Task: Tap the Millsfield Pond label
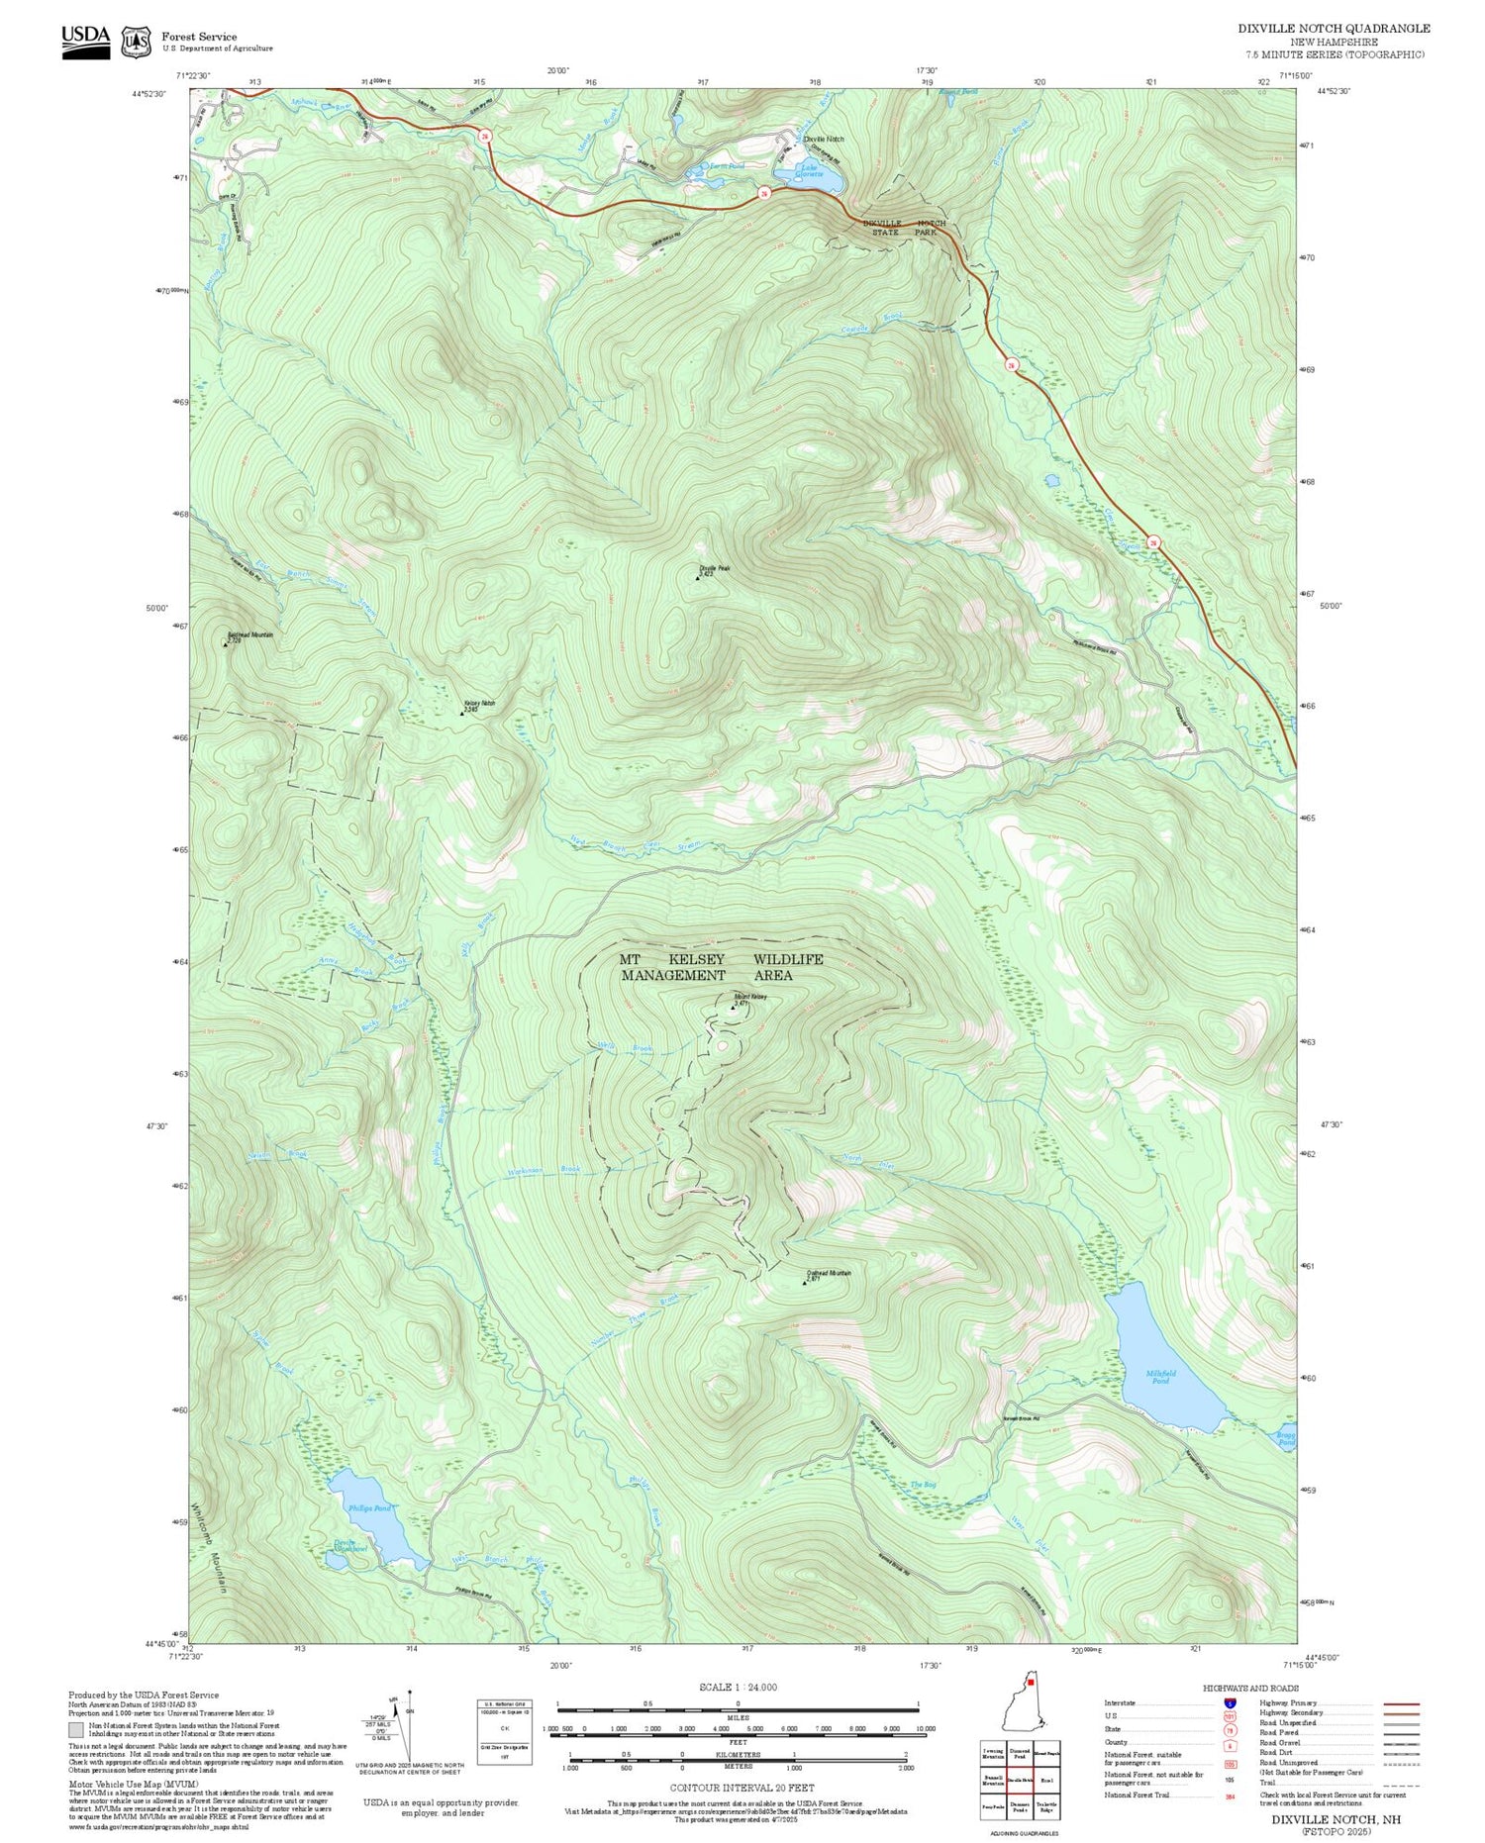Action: click(1160, 1376)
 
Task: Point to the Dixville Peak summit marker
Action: click(698, 578)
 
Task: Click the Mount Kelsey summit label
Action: click(749, 998)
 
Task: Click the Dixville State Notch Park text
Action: click(903, 228)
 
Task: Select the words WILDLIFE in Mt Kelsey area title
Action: click(788, 959)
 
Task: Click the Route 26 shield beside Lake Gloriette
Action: click(764, 194)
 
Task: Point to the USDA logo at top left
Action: click(86, 41)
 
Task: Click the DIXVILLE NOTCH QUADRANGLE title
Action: click(1334, 28)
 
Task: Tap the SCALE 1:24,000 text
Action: click(738, 1687)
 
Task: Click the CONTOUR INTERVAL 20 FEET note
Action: click(742, 1788)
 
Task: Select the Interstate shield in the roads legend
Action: click(1230, 1703)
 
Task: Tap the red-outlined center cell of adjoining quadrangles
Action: click(1021, 1779)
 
